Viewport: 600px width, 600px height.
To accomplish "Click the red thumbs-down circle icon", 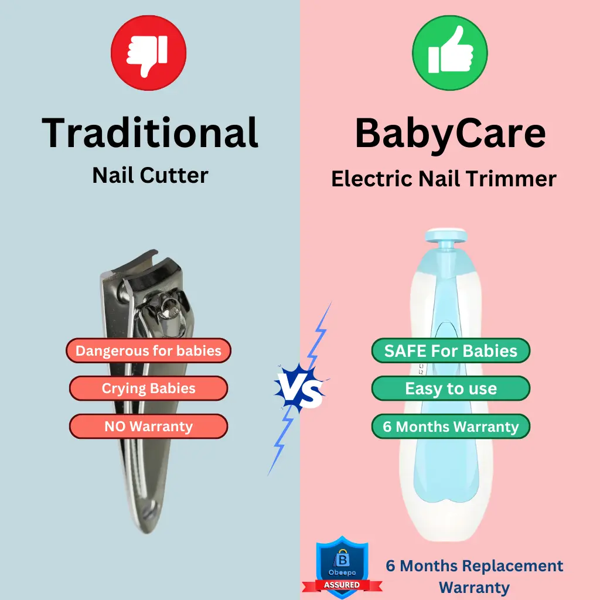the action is (x=148, y=53).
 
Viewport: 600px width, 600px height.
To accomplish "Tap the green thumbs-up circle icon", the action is (x=450, y=53).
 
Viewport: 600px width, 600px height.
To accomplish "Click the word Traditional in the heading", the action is (x=150, y=132).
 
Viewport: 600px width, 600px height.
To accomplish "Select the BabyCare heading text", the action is (x=451, y=134).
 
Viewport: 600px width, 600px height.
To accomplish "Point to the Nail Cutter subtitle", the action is (x=151, y=176).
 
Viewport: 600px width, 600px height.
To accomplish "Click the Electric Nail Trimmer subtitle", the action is (x=444, y=179).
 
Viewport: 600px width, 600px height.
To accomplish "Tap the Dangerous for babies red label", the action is (x=148, y=350).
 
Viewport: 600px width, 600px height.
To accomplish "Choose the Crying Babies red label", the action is (x=148, y=388).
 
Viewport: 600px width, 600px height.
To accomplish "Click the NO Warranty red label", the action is (x=148, y=427).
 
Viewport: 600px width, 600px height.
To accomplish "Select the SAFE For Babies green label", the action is (x=451, y=350).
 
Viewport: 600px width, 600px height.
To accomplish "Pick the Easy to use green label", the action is (x=451, y=388).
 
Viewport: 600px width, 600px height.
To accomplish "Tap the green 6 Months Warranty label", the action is (x=451, y=427).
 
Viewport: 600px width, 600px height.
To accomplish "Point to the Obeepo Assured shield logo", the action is (x=342, y=567).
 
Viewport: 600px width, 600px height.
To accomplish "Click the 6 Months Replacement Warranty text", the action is (x=475, y=577).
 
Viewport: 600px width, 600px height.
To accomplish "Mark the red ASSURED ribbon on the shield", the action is (x=342, y=585).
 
